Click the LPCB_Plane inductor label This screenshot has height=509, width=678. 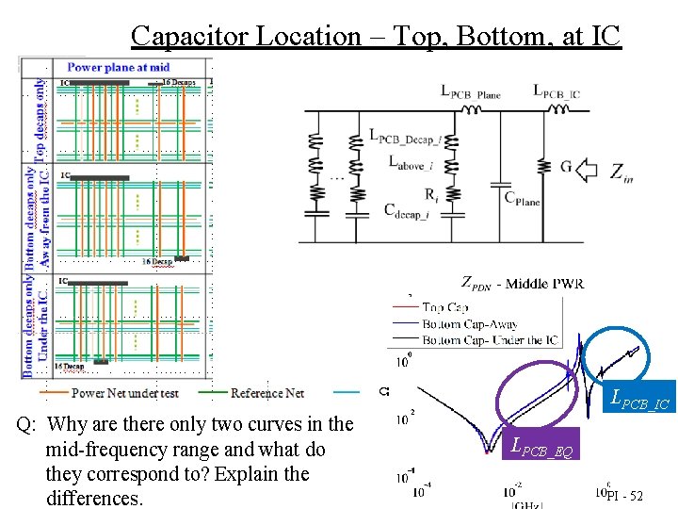pyautogui.click(x=470, y=92)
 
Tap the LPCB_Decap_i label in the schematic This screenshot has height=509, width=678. pyautogui.click(x=405, y=138)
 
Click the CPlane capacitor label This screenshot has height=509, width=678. pyautogui.click(x=523, y=197)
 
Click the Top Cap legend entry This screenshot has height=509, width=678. pyautogui.click(x=446, y=306)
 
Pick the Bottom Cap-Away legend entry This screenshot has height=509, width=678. pyautogui.click(x=470, y=323)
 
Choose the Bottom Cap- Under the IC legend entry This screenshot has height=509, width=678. pyautogui.click(x=490, y=339)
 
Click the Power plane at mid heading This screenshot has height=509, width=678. pyautogui.click(x=119, y=67)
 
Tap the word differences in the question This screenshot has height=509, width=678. pyautogui.click(x=94, y=497)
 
